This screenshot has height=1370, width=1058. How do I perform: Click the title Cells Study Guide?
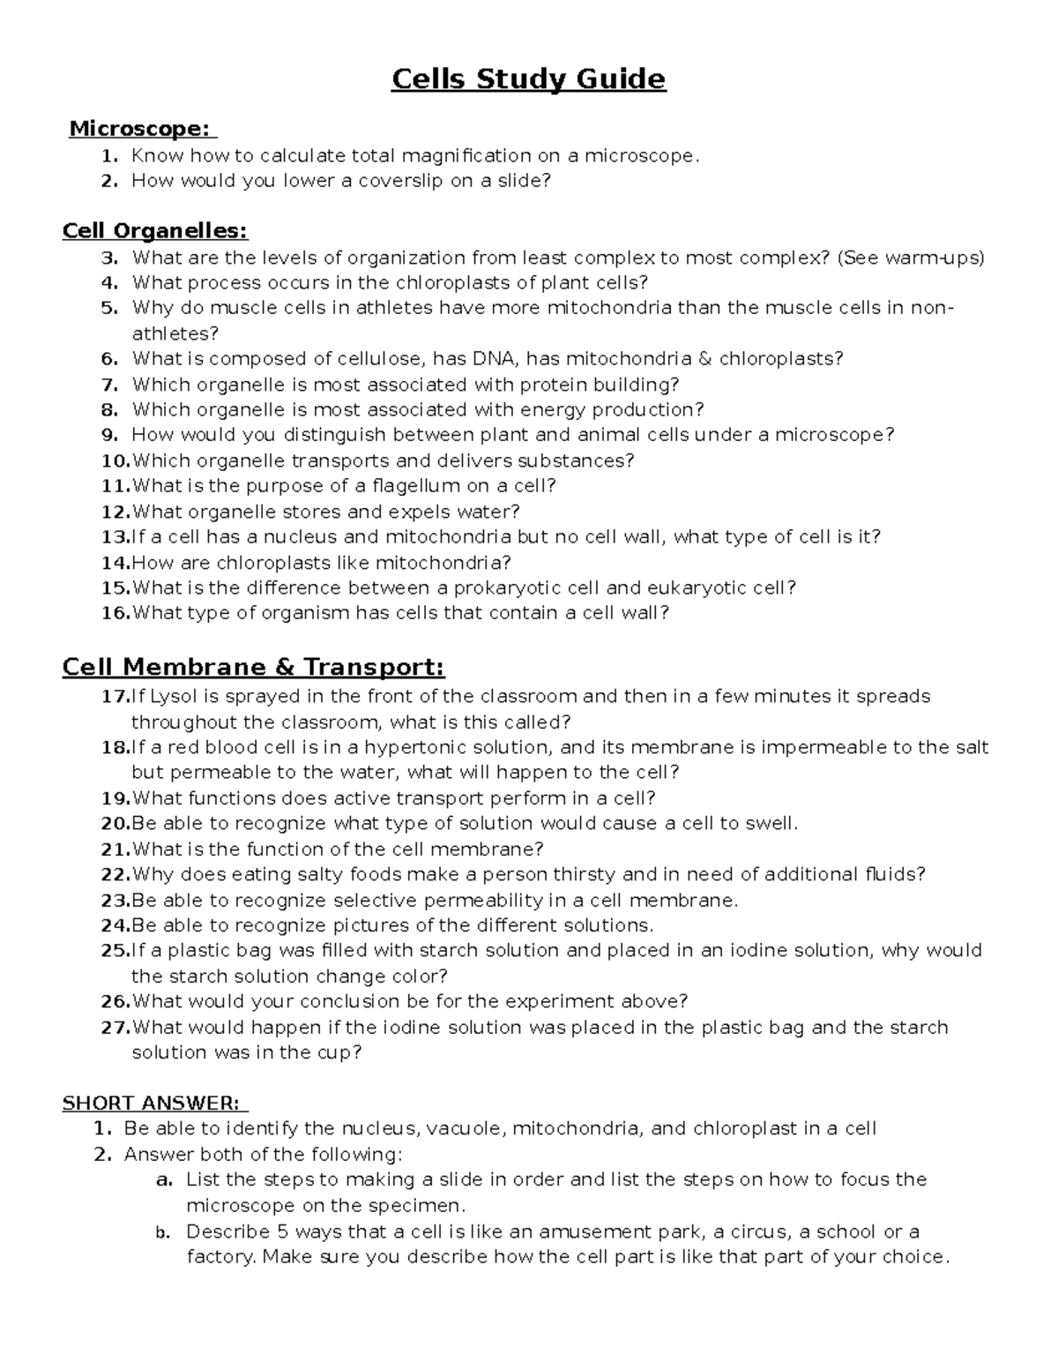[x=528, y=79]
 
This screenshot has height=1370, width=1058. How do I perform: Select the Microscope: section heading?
[x=141, y=129]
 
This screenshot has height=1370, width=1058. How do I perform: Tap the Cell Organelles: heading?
[x=155, y=231]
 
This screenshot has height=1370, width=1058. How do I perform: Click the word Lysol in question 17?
[x=175, y=697]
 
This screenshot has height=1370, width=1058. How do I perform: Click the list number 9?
[x=109, y=435]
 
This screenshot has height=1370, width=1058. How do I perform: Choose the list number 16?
[x=115, y=613]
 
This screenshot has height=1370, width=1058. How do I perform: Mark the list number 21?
[x=115, y=850]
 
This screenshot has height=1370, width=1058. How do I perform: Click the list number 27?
[x=115, y=1028]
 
